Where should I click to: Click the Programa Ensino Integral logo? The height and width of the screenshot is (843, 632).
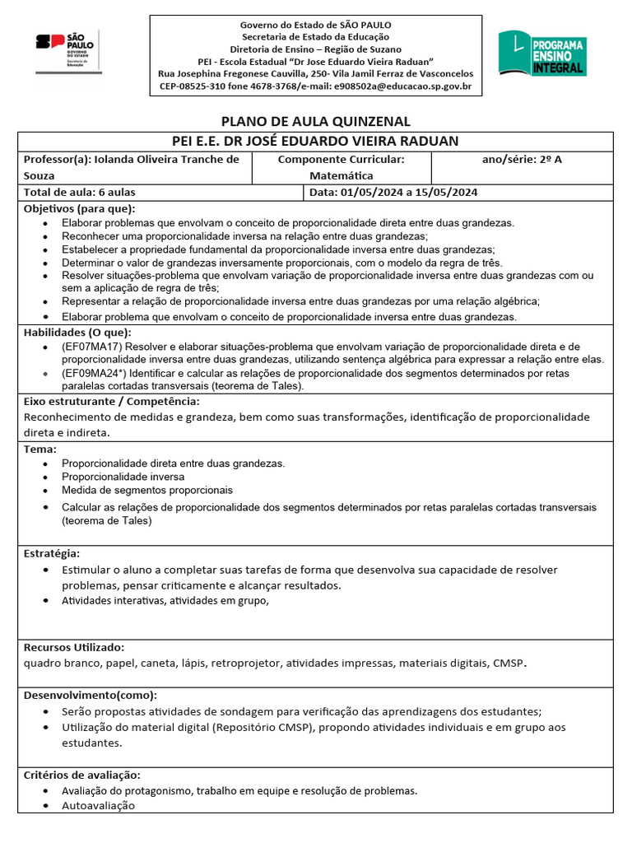click(x=541, y=55)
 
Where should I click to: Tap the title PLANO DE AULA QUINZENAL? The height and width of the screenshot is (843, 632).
click(x=315, y=121)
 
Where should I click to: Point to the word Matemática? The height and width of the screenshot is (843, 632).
click(x=342, y=175)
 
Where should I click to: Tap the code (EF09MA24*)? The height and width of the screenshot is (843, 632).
click(x=94, y=373)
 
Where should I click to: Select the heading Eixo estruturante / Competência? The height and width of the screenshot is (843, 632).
click(x=111, y=401)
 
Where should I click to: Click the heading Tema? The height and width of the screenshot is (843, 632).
click(x=40, y=449)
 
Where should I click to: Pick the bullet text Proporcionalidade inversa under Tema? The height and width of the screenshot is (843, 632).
click(x=123, y=477)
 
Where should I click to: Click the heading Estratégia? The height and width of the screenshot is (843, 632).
click(x=52, y=552)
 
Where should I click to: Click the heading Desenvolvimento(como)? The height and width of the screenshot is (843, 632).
click(x=91, y=695)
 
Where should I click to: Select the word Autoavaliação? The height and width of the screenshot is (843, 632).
click(x=98, y=806)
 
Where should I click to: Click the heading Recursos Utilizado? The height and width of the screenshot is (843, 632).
click(x=74, y=647)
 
